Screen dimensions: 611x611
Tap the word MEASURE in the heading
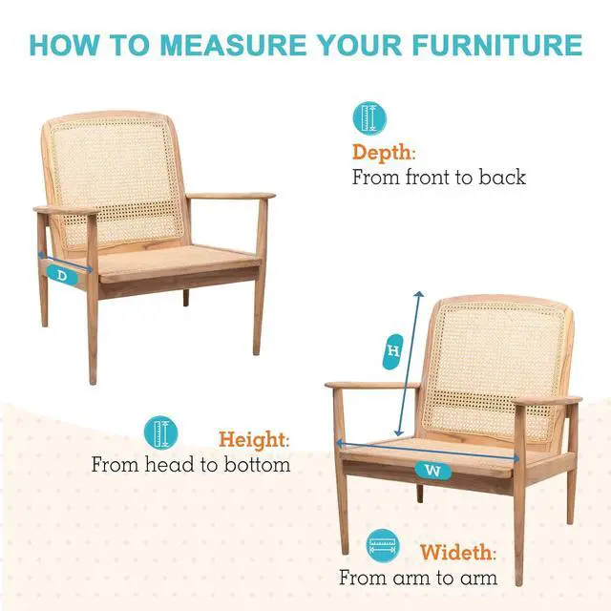(x=233, y=45)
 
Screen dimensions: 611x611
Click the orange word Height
(x=254, y=439)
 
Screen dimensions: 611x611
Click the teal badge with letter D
(x=62, y=276)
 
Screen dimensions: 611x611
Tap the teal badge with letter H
(x=392, y=351)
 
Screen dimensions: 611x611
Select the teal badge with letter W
(x=432, y=471)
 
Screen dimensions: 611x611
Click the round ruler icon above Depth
(x=369, y=118)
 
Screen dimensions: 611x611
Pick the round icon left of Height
(x=161, y=432)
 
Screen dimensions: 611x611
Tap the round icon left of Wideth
(x=383, y=545)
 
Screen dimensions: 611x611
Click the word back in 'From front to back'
(x=502, y=178)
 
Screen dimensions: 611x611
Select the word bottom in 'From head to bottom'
(x=257, y=465)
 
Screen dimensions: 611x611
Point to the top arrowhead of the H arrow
(x=420, y=293)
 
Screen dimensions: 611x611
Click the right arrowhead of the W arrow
(x=516, y=458)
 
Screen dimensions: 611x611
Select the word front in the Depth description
(x=429, y=178)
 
